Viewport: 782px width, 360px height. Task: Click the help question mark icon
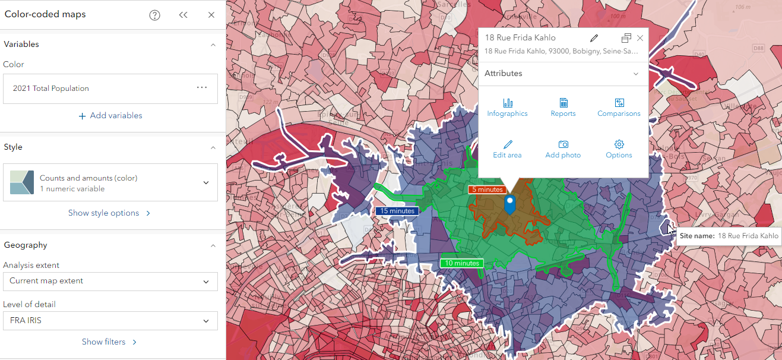pyautogui.click(x=155, y=15)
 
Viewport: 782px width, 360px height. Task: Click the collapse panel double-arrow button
pyautogui.click(x=183, y=15)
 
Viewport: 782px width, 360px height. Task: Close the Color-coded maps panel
pyautogui.click(x=211, y=15)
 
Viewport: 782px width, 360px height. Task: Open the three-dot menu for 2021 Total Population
pyautogui.click(x=202, y=88)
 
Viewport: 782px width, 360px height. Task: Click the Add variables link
pyautogui.click(x=110, y=116)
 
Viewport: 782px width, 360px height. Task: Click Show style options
pyautogui.click(x=109, y=213)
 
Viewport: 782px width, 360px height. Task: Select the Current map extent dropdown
pyautogui.click(x=110, y=282)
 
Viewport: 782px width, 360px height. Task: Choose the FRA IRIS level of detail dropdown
pyautogui.click(x=110, y=321)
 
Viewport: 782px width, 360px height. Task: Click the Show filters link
pyautogui.click(x=109, y=342)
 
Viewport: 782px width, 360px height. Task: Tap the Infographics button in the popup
pyautogui.click(x=507, y=108)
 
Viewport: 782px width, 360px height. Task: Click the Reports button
pyautogui.click(x=563, y=108)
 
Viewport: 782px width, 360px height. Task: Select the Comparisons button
pyautogui.click(x=619, y=108)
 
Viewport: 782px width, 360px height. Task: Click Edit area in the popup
pyautogui.click(x=507, y=149)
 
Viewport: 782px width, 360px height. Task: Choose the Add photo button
pyautogui.click(x=563, y=149)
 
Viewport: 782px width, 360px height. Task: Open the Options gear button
pyautogui.click(x=619, y=149)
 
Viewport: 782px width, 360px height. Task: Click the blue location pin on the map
pyautogui.click(x=509, y=204)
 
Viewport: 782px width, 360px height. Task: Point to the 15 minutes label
pyautogui.click(x=397, y=211)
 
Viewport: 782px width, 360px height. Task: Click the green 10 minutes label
pyautogui.click(x=461, y=263)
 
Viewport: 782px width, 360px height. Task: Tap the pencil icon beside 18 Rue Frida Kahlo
pyautogui.click(x=594, y=38)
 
